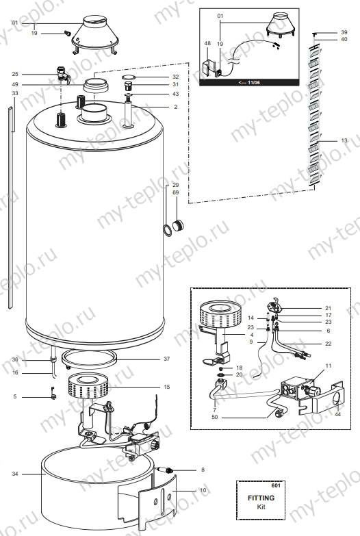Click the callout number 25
pos(15,74)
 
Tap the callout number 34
pos(15,473)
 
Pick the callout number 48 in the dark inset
pos(207,43)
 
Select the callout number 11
pos(328,367)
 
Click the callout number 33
pos(15,93)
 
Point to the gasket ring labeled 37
pos(90,357)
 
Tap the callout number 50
pos(214,417)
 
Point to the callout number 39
pos(344,32)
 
